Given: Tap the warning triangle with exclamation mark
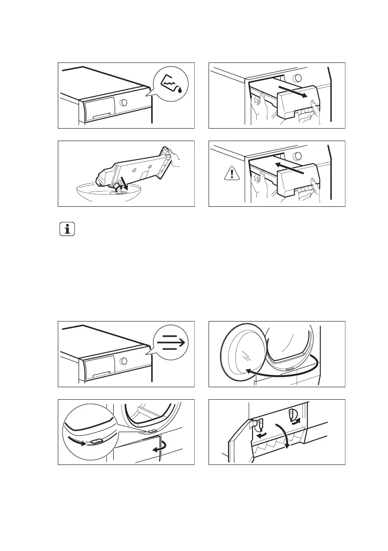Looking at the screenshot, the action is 230,173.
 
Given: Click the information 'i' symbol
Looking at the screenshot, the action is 67,230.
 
